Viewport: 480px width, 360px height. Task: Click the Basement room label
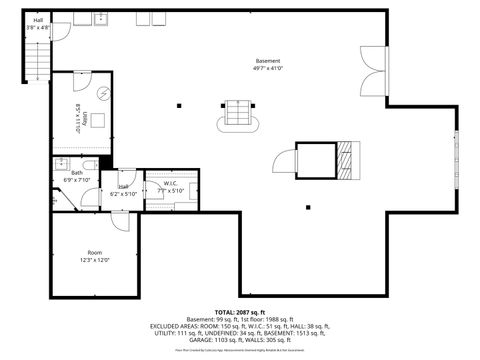coord(268,61)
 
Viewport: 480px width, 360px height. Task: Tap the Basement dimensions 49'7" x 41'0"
coord(268,68)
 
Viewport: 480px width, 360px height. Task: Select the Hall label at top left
coord(38,20)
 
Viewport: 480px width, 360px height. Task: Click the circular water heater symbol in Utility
coord(103,96)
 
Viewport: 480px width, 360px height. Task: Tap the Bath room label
coord(77,173)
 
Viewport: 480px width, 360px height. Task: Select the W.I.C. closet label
coord(170,183)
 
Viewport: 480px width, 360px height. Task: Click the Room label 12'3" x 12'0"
coord(95,252)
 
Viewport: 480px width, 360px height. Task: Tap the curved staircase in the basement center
coord(238,114)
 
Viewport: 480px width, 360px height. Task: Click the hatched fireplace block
coord(347,157)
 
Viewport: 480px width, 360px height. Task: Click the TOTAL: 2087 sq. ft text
coord(240,312)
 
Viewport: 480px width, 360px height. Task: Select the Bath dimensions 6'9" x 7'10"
coord(78,180)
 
